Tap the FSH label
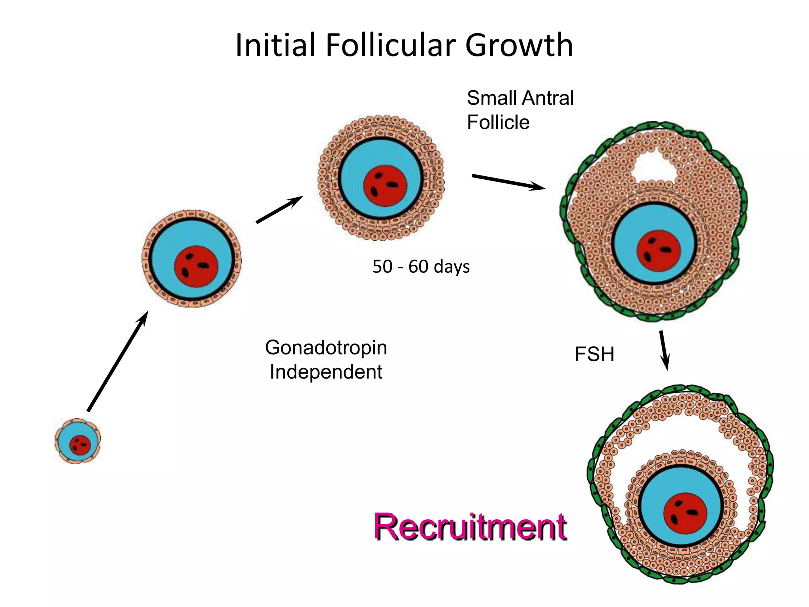coord(594,354)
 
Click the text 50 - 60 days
coord(421,266)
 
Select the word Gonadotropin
coord(326,348)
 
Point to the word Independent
coord(326,372)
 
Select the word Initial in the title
coord(276,45)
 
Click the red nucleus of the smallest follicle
coord(80,445)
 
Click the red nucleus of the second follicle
coord(196,266)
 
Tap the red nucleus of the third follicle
coord(385,185)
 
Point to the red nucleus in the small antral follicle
coord(658,251)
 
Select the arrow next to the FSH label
coord(664,350)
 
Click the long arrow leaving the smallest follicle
coord(117,361)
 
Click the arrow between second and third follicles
coord(279,209)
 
